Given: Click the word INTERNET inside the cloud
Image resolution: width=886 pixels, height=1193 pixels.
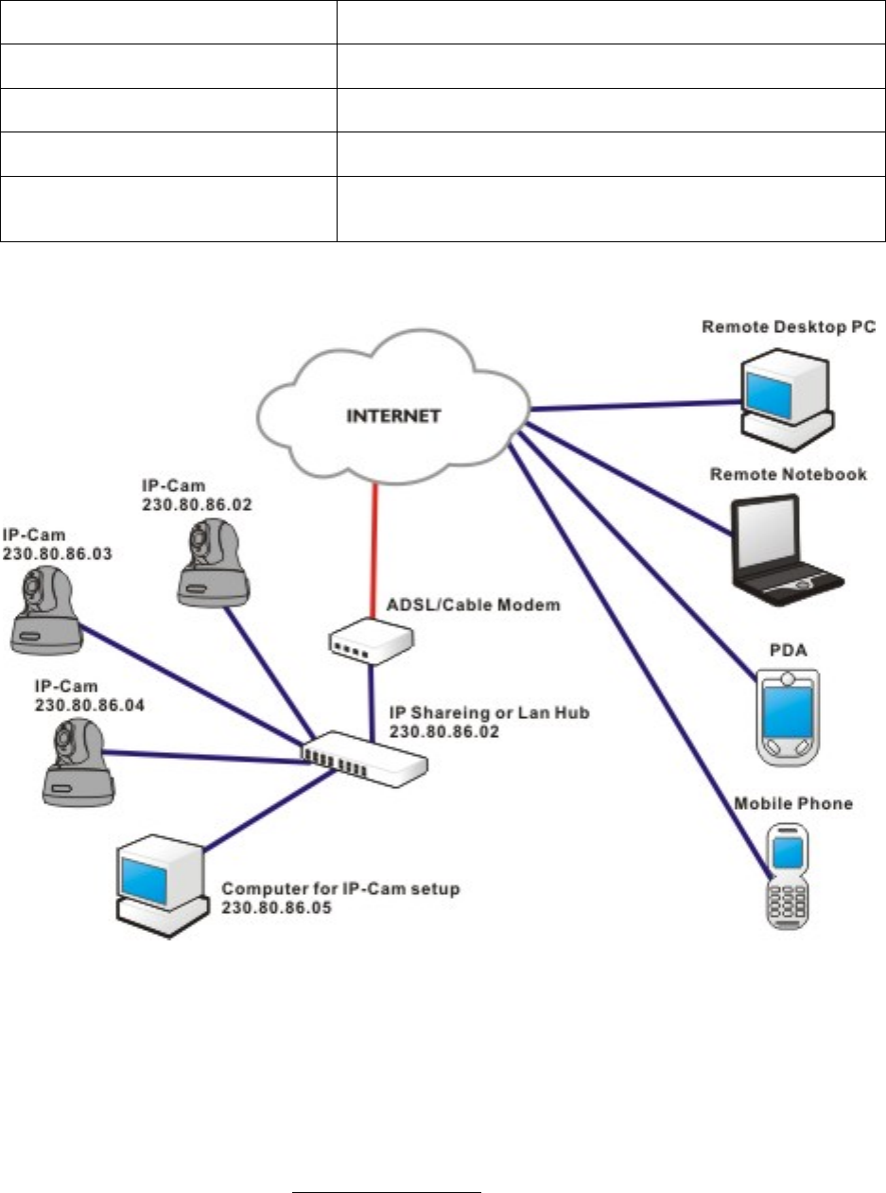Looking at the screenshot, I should pyautogui.click(x=392, y=416).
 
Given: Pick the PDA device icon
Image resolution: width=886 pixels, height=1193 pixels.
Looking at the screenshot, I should pyautogui.click(x=788, y=715).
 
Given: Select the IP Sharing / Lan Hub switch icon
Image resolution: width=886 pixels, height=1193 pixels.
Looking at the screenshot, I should pyautogui.click(x=363, y=753).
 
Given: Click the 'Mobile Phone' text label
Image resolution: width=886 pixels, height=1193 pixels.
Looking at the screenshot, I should pyautogui.click(x=793, y=804).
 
